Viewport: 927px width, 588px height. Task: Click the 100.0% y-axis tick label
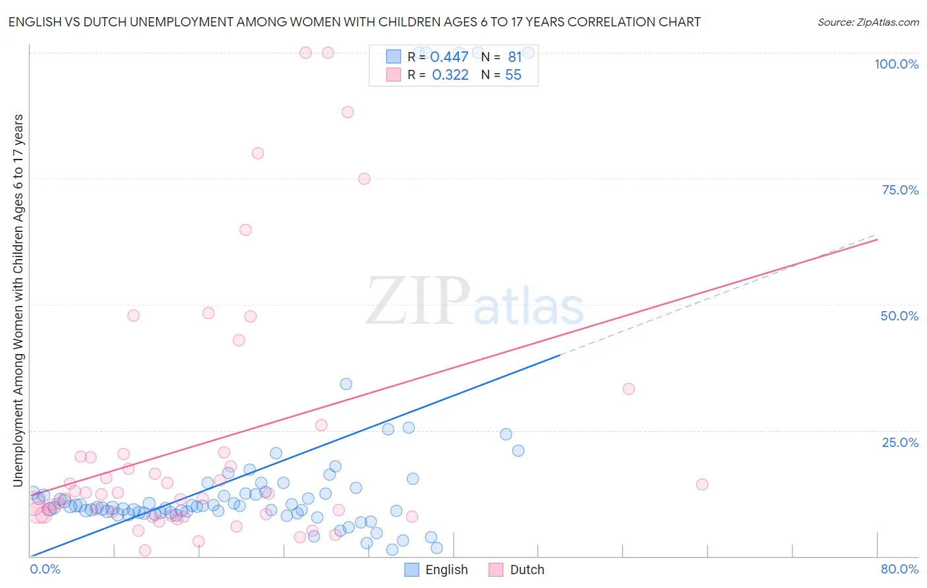pyautogui.click(x=896, y=64)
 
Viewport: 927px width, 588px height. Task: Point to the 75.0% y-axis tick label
pyautogui.click(x=900, y=190)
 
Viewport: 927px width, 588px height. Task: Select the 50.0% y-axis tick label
pyautogui.click(x=899, y=316)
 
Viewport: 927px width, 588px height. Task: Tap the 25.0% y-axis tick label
pyautogui.click(x=900, y=442)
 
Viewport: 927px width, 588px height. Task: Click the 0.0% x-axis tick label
pyautogui.click(x=45, y=569)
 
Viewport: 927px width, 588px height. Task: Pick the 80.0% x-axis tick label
pyautogui.click(x=899, y=569)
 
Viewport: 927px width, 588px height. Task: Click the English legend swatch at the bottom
pyautogui.click(x=412, y=570)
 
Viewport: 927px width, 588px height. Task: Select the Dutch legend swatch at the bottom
pyautogui.click(x=496, y=570)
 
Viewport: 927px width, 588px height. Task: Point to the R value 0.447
pyautogui.click(x=449, y=57)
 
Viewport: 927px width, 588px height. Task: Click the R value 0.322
pyautogui.click(x=450, y=75)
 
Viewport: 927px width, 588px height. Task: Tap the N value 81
pyautogui.click(x=515, y=57)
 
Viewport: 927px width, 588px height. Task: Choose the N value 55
pyautogui.click(x=513, y=75)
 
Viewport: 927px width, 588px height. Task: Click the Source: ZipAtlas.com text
pyautogui.click(x=868, y=22)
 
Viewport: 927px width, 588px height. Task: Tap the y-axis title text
pyautogui.click(x=18, y=300)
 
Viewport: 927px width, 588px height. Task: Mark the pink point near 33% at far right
pyautogui.click(x=628, y=389)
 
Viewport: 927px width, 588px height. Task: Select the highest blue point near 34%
pyautogui.click(x=346, y=384)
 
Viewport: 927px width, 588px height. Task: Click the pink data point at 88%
pyautogui.click(x=347, y=112)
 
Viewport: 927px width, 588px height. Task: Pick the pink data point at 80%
pyautogui.click(x=258, y=153)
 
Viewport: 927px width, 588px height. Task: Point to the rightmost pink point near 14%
pyautogui.click(x=702, y=485)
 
